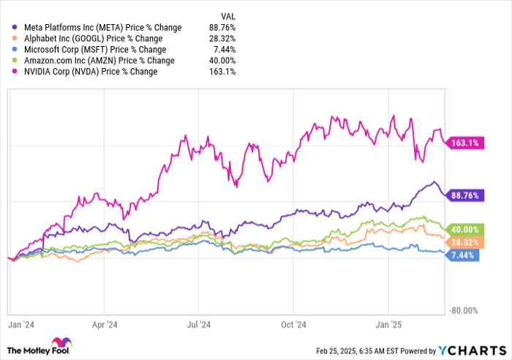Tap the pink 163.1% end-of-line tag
coord(464,143)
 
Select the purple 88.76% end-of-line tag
coord(464,195)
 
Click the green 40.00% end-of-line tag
coord(464,229)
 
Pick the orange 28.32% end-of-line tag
coord(464,242)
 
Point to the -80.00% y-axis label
coord(462,310)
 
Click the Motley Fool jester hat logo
coord(59,344)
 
